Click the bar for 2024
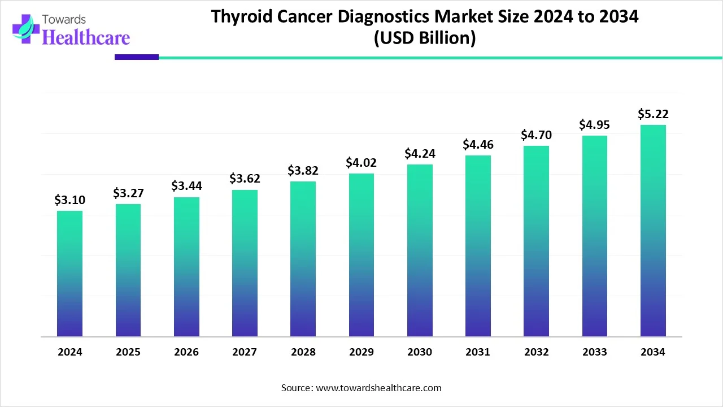(x=69, y=274)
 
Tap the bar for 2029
(x=361, y=255)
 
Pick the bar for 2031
(x=478, y=246)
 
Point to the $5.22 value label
(x=652, y=114)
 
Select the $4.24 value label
(x=419, y=154)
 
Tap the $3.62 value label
(x=244, y=179)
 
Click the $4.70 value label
(x=536, y=135)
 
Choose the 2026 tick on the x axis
(x=186, y=352)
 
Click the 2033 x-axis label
(x=595, y=352)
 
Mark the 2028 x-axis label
(x=303, y=352)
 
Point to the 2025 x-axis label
(x=128, y=352)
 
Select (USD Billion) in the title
(x=425, y=38)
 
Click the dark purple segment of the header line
(x=137, y=57)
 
